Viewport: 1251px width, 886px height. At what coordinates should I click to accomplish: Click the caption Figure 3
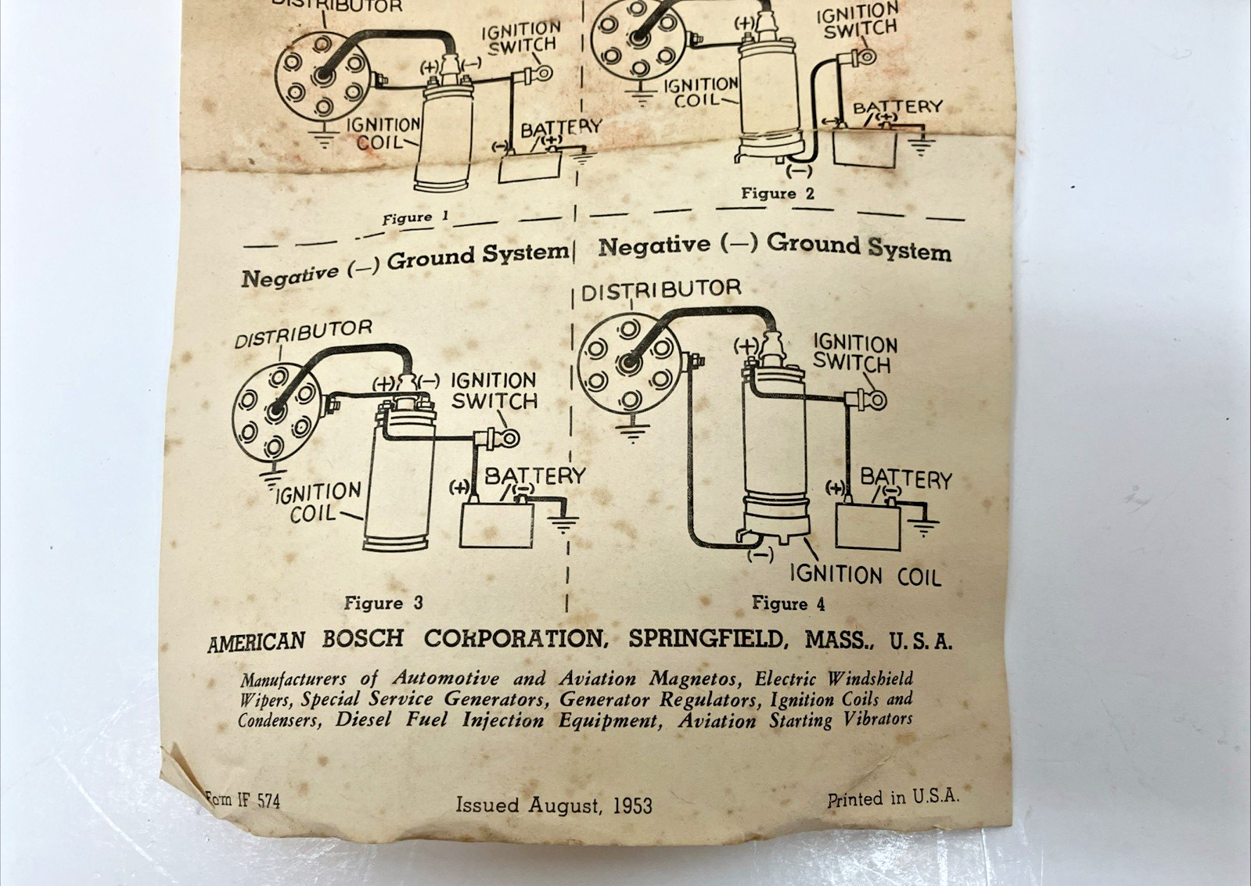[383, 603]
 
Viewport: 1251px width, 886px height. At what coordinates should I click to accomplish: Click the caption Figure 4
[788, 604]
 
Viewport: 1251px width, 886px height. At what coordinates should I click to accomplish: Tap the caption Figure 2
[778, 194]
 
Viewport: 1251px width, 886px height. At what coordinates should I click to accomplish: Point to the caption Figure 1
[415, 218]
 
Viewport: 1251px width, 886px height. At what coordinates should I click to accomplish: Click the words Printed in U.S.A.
[893, 798]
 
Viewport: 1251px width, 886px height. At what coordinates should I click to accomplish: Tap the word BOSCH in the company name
[362, 639]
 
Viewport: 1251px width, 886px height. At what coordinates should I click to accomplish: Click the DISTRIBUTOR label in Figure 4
[661, 289]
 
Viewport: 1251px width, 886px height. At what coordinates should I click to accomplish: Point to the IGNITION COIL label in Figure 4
[865, 576]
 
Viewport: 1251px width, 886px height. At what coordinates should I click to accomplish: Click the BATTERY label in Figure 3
[534, 475]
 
